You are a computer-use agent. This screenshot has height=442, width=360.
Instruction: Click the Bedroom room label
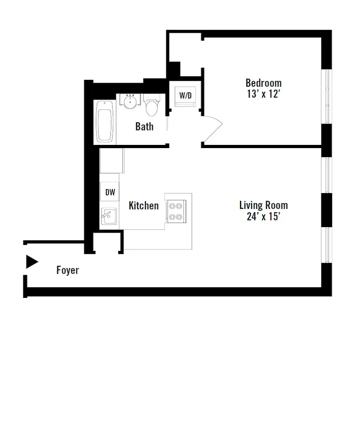click(x=263, y=83)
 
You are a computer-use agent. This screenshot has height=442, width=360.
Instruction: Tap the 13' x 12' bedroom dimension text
click(x=263, y=94)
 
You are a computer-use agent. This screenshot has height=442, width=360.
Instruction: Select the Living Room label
click(x=263, y=205)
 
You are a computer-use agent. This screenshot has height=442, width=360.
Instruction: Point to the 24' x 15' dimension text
click(x=263, y=217)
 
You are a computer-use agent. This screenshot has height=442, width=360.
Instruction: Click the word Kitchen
click(x=144, y=206)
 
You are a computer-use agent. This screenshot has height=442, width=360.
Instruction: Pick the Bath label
click(x=144, y=127)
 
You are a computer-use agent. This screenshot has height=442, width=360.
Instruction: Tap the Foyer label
click(x=68, y=271)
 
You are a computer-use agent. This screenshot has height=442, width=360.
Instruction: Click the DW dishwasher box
click(x=110, y=192)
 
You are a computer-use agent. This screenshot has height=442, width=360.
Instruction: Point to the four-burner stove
click(x=176, y=211)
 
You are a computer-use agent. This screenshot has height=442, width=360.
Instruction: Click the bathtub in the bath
click(x=105, y=122)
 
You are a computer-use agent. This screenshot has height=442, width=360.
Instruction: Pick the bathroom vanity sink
click(x=130, y=101)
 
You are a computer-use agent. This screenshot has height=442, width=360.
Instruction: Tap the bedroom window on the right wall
click(x=327, y=96)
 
